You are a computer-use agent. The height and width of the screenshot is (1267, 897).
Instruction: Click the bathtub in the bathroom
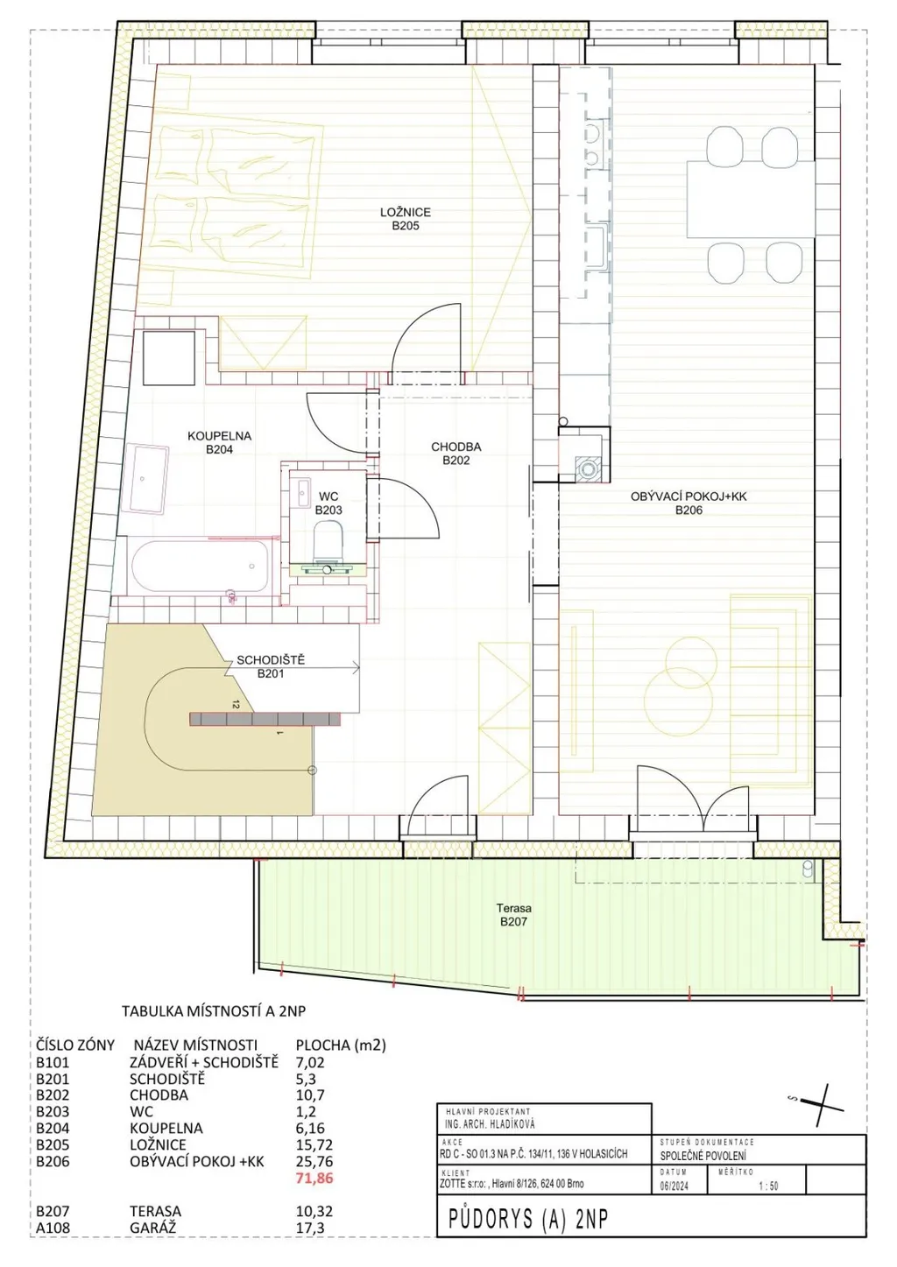click(x=200, y=567)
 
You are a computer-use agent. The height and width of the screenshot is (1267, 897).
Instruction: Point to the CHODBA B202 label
click(x=456, y=453)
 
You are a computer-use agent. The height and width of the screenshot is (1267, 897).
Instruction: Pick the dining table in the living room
click(x=751, y=199)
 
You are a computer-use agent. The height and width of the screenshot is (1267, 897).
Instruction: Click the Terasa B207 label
click(x=514, y=915)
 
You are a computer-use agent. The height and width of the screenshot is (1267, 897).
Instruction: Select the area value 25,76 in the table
click(x=314, y=1161)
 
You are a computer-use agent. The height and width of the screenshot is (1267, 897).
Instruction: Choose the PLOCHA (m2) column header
click(x=342, y=1045)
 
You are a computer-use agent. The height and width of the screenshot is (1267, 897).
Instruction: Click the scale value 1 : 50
click(x=768, y=1186)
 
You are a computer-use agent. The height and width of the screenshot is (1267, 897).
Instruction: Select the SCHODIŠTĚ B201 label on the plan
click(x=271, y=666)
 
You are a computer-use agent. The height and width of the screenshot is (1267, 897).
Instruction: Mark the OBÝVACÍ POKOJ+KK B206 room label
click(x=689, y=503)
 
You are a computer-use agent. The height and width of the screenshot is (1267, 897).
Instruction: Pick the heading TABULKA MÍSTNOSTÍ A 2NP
click(x=214, y=1010)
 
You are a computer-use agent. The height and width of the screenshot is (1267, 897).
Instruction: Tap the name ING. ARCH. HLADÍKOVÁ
click(x=490, y=1124)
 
